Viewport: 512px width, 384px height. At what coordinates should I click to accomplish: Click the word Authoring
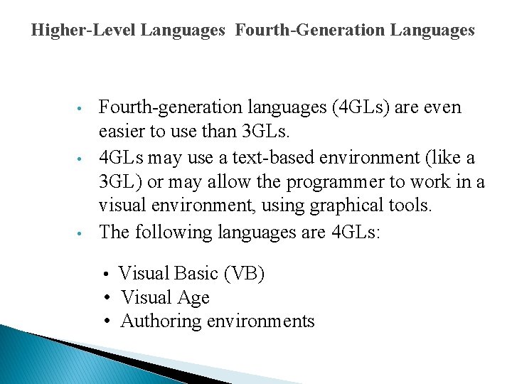[x=161, y=321]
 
